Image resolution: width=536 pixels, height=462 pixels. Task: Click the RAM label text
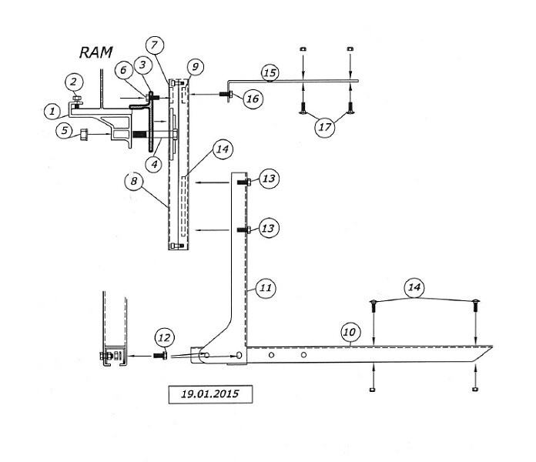coord(96,53)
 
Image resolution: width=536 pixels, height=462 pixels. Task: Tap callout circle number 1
coord(51,112)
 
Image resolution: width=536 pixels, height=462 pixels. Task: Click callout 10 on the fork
coord(349,332)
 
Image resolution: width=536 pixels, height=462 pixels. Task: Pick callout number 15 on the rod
coord(269,73)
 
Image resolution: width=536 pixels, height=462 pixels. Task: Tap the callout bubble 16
coord(253,98)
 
